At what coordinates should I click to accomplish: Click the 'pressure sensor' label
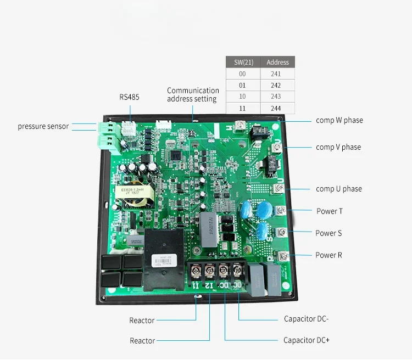[43, 126]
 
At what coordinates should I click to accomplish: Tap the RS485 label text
[130, 97]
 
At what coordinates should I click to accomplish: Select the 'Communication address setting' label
[193, 94]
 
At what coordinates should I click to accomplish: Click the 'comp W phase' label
[339, 120]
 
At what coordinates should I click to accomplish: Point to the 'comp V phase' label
[338, 147]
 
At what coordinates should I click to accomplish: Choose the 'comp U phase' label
[338, 189]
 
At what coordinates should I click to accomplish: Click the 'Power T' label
[330, 211]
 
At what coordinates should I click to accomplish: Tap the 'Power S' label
[329, 233]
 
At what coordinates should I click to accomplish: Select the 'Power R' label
[329, 255]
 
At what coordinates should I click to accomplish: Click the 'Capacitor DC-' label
[307, 319]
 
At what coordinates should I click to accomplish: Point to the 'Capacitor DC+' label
[307, 340]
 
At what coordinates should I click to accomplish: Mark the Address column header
[277, 62]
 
